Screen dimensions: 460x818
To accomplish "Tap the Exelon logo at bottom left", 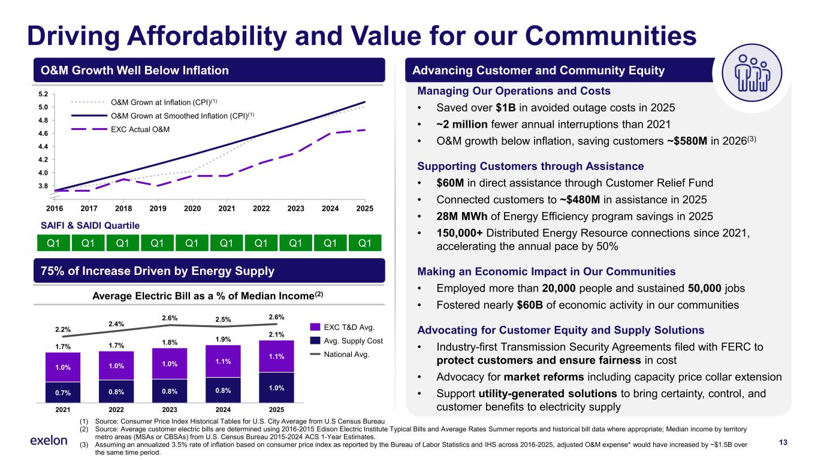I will (x=49, y=441).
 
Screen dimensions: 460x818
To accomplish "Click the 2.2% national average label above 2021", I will (x=63, y=329).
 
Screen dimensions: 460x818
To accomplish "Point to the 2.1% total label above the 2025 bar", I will (x=276, y=334).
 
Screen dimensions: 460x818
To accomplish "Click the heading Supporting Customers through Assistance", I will (x=530, y=166).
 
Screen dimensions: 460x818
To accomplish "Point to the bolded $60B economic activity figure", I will (x=529, y=304).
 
